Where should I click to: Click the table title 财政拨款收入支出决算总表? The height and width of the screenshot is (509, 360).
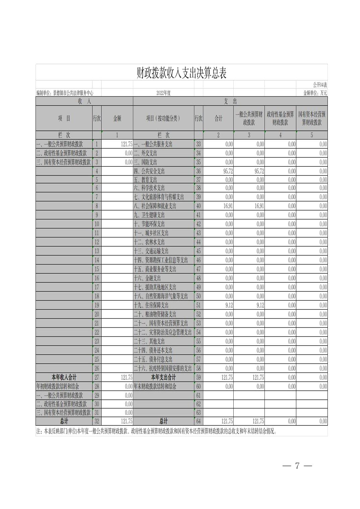[x=181, y=73]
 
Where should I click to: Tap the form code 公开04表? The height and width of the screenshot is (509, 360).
[x=320, y=85]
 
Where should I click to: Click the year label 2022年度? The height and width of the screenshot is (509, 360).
[x=164, y=93]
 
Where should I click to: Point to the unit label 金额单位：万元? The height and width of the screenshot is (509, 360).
[x=315, y=93]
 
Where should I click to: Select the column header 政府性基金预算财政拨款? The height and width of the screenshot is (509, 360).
[x=280, y=118]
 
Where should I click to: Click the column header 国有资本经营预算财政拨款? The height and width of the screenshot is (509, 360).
[x=312, y=118]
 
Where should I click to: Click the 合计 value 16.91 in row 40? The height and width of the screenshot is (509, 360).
[x=228, y=206]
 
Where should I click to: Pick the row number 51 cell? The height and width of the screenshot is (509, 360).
[x=198, y=305]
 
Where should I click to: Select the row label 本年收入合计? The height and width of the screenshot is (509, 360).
[x=64, y=377]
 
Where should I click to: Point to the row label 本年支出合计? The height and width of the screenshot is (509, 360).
[x=163, y=377]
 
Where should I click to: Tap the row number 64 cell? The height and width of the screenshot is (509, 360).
[x=198, y=421]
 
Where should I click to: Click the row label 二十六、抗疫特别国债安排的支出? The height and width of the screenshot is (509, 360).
[x=163, y=368]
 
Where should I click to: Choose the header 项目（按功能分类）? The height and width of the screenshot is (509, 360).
[x=163, y=118]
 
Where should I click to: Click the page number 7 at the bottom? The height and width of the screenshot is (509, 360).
[x=297, y=466]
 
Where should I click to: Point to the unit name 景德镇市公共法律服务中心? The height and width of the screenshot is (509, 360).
[x=73, y=93]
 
